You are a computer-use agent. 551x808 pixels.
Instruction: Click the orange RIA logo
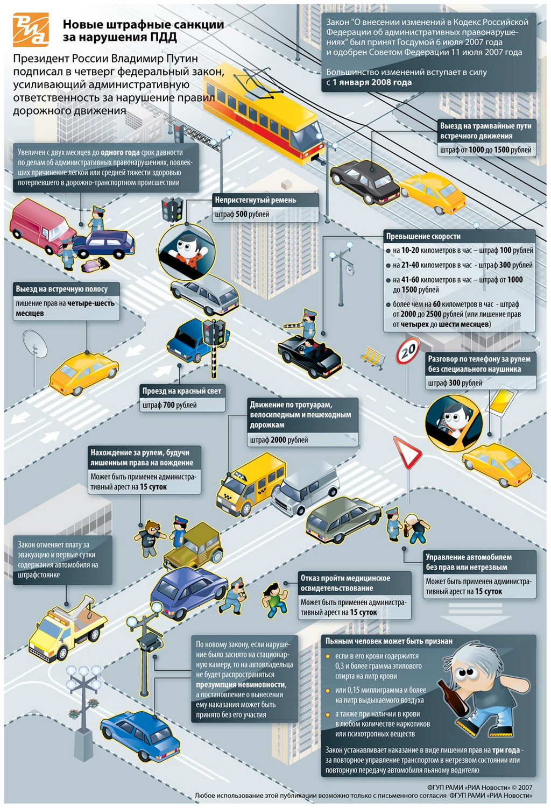[x=31, y=30]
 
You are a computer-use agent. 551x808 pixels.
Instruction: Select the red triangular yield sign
[x=407, y=452]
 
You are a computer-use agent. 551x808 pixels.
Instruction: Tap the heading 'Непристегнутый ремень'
[x=255, y=200]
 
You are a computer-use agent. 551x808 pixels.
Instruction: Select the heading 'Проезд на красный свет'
[x=181, y=391]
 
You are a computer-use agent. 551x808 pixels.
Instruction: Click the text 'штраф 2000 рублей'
[x=279, y=440]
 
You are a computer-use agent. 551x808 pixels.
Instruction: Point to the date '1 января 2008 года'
[x=372, y=82]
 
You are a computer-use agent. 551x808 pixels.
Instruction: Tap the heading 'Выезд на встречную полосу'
[x=61, y=289]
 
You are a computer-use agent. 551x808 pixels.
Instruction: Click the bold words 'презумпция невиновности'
[x=241, y=684]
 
